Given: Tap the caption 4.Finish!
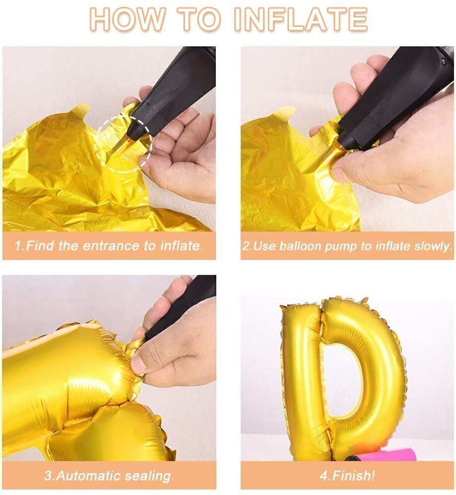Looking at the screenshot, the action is [x=347, y=476].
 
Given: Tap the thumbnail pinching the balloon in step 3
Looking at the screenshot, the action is [x=137, y=364].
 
